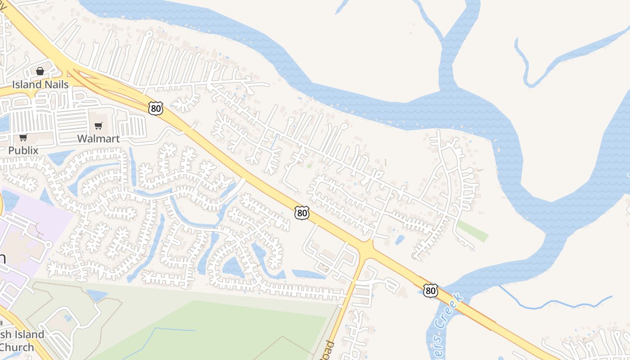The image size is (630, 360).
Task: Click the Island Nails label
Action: pyautogui.click(x=40, y=85)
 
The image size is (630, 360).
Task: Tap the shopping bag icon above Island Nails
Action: pyautogui.click(x=40, y=71)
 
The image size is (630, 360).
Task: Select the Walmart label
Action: pyautogui.click(x=99, y=139)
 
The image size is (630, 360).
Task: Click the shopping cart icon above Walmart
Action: pyautogui.click(x=99, y=126)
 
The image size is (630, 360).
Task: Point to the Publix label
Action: pyautogui.click(x=23, y=150)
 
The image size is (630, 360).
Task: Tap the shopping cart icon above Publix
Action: pyautogui.click(x=23, y=137)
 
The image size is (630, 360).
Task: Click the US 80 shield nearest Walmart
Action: pyautogui.click(x=155, y=108)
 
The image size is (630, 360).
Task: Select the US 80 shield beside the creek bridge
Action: pyautogui.click(x=431, y=291)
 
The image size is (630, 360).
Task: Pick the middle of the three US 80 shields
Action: pyautogui.click(x=302, y=213)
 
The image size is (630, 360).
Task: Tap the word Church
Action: pyautogui.click(x=17, y=347)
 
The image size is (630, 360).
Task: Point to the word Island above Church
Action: pyautogui.click(x=29, y=335)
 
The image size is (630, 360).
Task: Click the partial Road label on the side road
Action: pyautogui.click(x=329, y=350)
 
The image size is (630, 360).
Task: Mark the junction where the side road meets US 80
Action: pyautogui.click(x=367, y=249)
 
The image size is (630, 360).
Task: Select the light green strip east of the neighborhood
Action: pyautogui.click(x=472, y=231)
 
